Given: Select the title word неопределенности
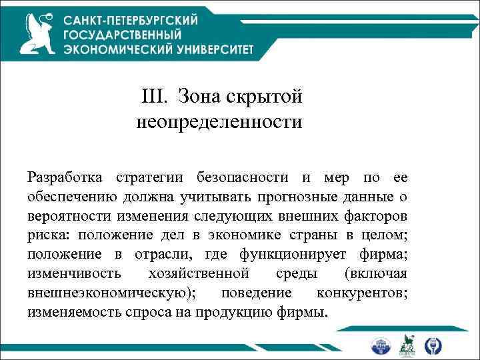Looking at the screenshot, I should click(219, 123).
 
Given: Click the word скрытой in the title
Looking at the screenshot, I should click(264, 97).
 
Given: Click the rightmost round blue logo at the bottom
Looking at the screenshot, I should click(434, 345).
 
